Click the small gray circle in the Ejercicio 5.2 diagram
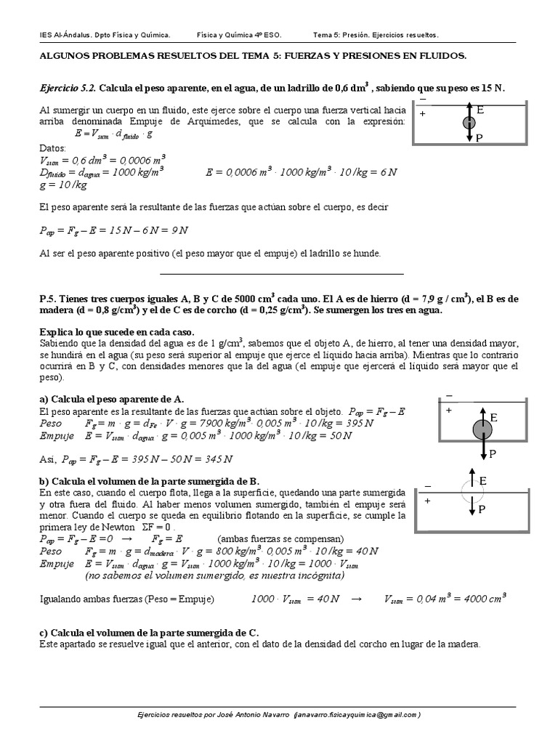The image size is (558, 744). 469,123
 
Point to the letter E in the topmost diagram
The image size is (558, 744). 480,110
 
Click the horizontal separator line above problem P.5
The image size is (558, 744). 280,274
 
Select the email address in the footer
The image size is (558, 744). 358,715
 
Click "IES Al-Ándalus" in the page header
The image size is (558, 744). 65,35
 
